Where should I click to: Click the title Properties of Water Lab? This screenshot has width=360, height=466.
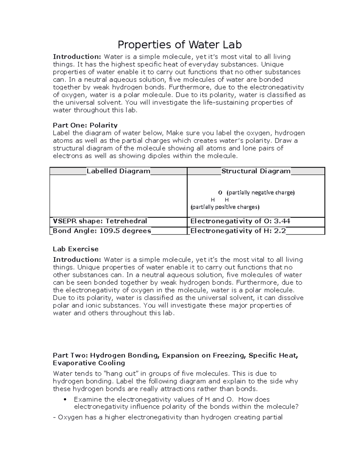click(179, 45)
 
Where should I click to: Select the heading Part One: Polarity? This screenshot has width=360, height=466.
click(85, 125)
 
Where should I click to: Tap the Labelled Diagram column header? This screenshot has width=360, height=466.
click(118, 171)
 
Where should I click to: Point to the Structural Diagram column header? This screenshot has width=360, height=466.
click(256, 171)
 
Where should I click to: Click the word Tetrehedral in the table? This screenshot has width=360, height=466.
click(126, 221)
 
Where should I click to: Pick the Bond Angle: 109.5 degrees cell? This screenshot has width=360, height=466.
click(102, 231)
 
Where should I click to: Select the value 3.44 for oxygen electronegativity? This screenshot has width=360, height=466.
click(282, 221)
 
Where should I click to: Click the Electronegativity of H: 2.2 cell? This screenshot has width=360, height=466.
click(238, 231)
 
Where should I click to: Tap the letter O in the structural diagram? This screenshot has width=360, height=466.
click(220, 193)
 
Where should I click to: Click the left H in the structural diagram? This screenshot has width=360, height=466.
click(213, 200)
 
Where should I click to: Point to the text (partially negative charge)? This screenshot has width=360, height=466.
click(260, 193)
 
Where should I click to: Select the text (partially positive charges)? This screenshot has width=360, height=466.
click(225, 207)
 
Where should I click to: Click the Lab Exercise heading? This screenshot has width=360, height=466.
click(76, 249)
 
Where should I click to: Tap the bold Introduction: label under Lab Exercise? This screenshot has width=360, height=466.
click(77, 260)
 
